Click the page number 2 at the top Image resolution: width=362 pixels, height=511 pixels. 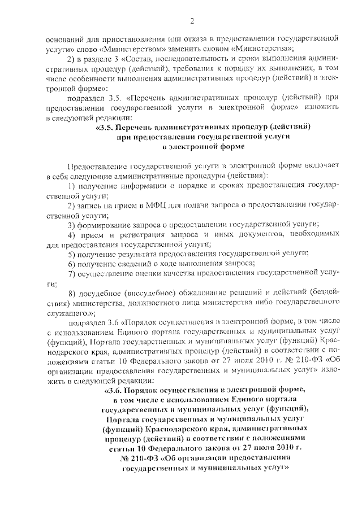click(192, 21)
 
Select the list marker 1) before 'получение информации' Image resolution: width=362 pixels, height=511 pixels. click(71, 186)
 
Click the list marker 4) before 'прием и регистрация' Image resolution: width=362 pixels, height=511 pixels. click(71, 235)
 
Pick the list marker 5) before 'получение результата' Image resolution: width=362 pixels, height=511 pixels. click(71, 255)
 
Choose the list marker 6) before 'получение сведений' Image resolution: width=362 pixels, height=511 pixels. click(71, 264)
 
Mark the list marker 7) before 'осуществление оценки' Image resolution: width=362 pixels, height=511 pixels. click(71, 274)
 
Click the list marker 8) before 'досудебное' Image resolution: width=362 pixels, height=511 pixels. click(71, 294)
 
